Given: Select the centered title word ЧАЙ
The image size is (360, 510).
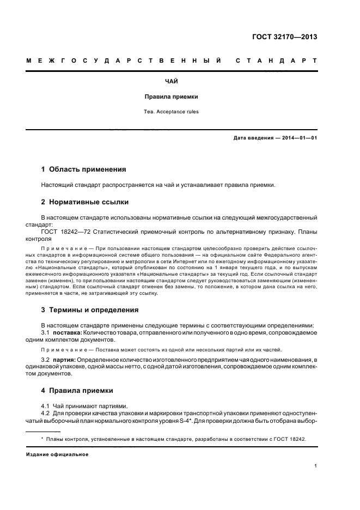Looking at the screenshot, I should pos(171,81).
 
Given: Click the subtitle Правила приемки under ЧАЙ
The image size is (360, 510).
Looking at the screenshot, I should pos(171,96).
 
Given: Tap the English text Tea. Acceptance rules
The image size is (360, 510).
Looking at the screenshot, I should pos(171,112).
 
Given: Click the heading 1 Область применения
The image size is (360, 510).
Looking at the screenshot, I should pos(84,169).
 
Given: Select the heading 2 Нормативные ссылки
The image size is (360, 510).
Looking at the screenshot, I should pos(85,202).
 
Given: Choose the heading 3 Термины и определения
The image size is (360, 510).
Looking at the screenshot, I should pos(90,310).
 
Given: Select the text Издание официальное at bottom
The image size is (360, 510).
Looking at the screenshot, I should pos(57,454).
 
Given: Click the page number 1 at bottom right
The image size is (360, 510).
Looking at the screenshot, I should pos(315,466).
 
